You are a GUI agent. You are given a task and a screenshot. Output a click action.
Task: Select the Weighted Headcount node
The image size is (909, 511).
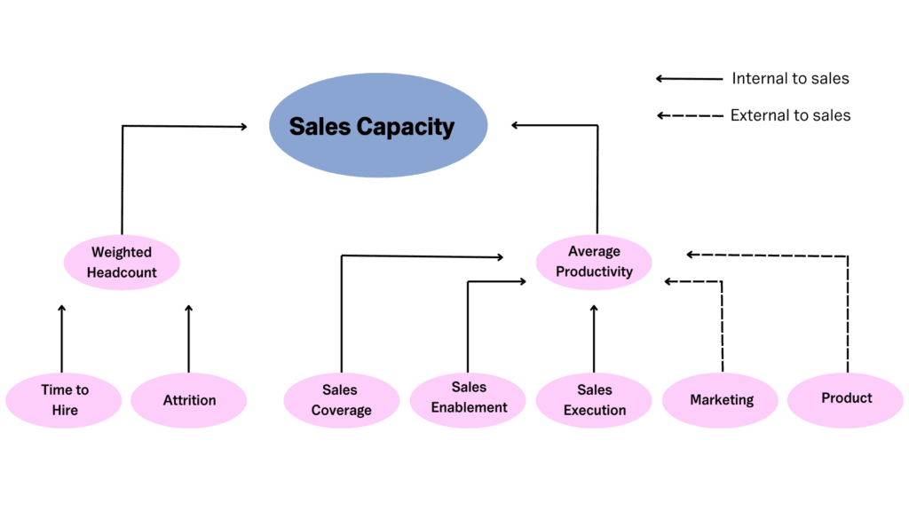coord(122,263)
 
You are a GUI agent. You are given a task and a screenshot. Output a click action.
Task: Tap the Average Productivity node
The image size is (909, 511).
coord(594,262)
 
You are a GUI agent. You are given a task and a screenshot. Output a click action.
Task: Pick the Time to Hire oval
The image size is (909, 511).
coord(64,400)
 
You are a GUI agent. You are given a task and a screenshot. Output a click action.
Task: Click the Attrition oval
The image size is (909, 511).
coord(189,400)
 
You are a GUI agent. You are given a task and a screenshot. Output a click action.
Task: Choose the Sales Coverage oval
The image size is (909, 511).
coord(342,400)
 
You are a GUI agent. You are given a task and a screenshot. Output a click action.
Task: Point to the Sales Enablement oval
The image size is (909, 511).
coord(468,398)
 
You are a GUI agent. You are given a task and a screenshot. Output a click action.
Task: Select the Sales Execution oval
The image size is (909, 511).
coord(594,400)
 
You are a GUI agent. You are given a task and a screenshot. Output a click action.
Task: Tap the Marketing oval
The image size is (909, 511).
coord(721,400)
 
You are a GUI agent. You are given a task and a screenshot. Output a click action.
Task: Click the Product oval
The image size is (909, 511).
coord(846,398)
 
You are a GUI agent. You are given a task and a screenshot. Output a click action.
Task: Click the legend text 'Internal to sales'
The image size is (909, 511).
coord(790,79)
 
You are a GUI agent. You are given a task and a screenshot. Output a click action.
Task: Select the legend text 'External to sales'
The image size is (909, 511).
coord(790,115)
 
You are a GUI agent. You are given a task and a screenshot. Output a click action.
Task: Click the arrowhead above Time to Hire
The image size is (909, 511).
coord(62,309)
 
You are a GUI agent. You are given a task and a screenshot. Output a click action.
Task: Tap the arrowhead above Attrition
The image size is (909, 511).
coord(188,309)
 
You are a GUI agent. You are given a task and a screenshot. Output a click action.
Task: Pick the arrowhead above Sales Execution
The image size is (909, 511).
coord(594,309)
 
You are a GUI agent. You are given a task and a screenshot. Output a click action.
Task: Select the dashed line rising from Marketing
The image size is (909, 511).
coord(722,328)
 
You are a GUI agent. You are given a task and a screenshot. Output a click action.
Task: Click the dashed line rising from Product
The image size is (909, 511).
coord(848,311)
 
